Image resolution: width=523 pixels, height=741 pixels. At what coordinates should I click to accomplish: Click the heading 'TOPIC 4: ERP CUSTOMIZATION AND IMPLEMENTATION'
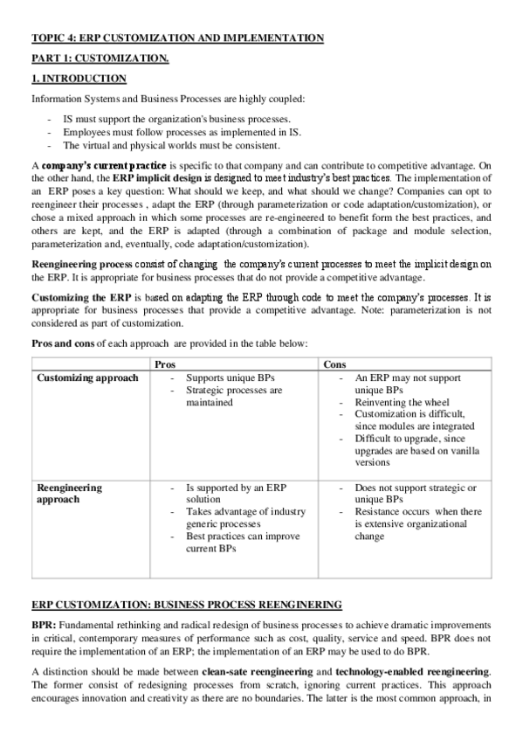[177, 38]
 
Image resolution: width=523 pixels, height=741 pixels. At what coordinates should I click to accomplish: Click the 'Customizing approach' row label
[87, 377]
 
